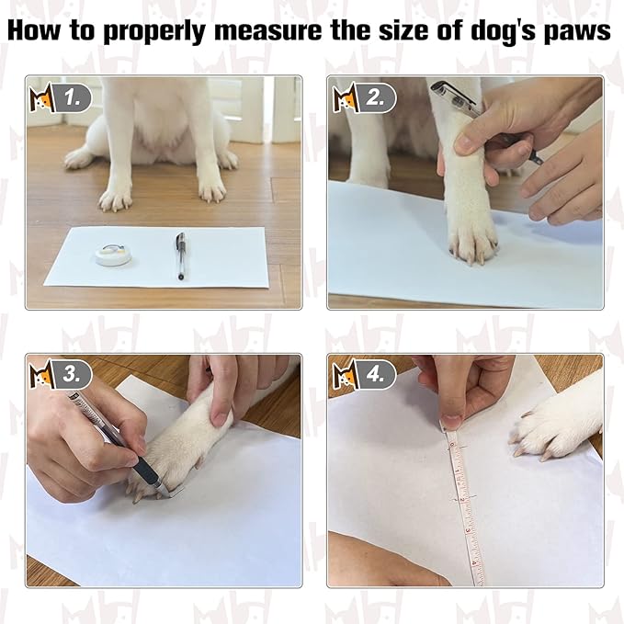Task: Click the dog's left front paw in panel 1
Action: tap(211, 187)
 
